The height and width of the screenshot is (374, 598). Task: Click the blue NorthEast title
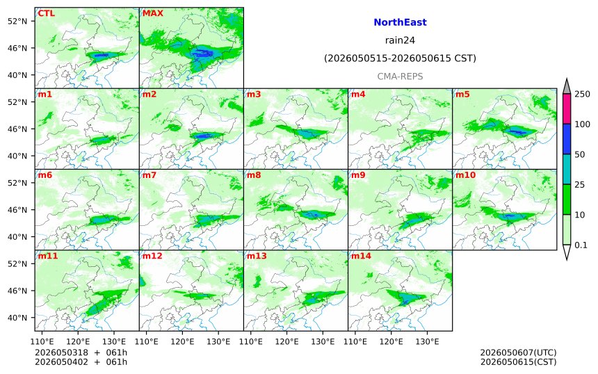400,22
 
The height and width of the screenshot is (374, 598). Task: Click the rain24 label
400,40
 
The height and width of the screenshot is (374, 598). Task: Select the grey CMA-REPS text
400,76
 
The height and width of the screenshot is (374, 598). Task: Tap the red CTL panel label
46,13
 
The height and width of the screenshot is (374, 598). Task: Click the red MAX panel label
152,13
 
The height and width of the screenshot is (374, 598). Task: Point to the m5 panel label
462,94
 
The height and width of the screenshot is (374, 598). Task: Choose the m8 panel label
254,175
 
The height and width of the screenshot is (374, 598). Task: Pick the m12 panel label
152,256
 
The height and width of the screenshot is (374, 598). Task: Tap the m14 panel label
361,256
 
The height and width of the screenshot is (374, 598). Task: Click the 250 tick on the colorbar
583,94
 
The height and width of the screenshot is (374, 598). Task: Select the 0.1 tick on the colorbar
581,245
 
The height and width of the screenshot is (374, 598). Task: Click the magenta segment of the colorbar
567,108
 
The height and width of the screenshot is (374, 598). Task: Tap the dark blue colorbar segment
567,139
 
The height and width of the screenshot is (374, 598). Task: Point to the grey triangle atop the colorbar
567,88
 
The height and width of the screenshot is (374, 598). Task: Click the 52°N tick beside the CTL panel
17,21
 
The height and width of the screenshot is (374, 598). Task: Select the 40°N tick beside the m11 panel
17,318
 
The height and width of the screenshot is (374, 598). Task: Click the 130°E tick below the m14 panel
427,341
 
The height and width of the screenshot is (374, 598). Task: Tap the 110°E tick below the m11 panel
42,341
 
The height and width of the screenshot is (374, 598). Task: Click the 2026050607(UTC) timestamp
518,352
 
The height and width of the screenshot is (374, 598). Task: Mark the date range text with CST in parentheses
400,58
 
